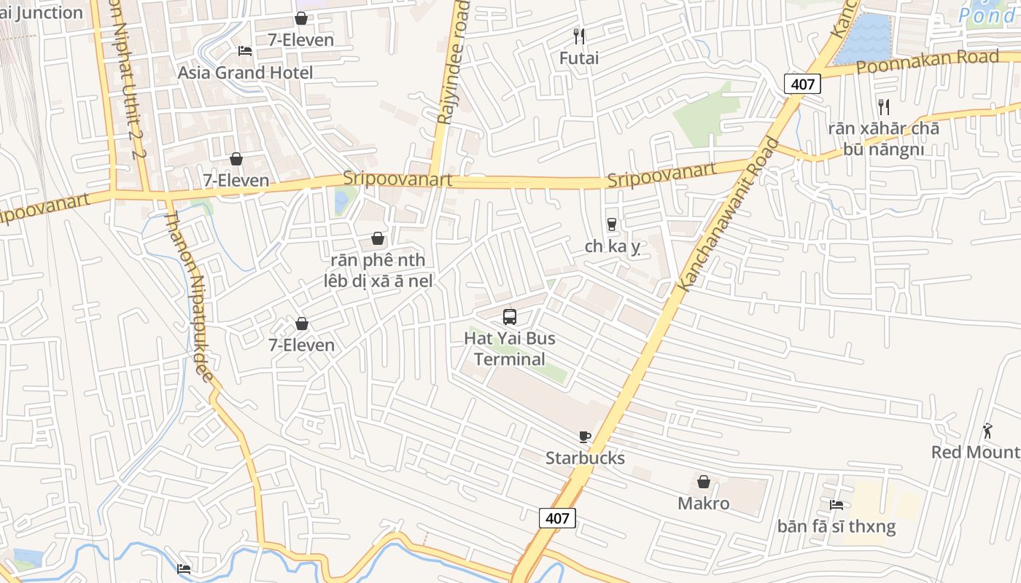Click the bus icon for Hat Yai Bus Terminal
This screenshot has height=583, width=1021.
pos(510,317)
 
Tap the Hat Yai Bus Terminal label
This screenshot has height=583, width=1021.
pos(510,349)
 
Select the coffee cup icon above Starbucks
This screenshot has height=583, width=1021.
pos(584,437)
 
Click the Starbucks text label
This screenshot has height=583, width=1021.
pos(585,458)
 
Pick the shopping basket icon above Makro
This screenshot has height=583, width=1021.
pos(704,482)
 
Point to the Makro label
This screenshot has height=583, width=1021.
pos(703,504)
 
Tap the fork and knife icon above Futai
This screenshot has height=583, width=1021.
pos(579,36)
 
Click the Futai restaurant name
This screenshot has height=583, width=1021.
pos(579,58)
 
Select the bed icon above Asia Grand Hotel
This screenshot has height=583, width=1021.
pos(245,50)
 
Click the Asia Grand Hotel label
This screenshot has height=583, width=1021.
pos(245,73)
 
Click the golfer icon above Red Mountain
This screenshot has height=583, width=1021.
pos(987,431)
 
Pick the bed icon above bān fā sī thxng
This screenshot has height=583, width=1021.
pos(836,504)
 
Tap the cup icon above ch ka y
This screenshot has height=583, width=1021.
pos(612,224)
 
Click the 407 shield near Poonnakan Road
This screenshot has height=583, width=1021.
pos(802,84)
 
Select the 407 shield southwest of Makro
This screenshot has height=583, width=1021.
pos(557,518)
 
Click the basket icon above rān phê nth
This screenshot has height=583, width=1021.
pos(378,238)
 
